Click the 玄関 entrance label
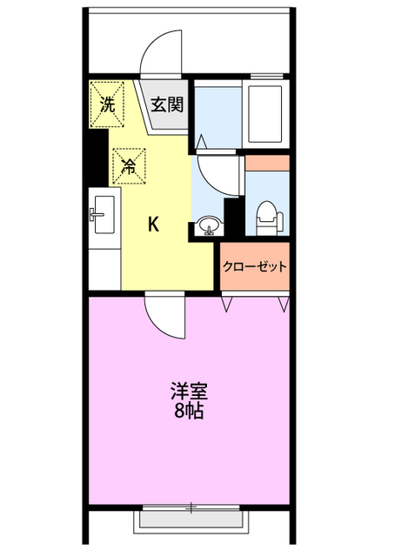click(167, 104)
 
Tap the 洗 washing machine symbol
click(107, 104)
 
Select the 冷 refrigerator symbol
click(130, 166)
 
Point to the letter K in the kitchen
click(153, 225)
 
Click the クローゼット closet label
click(255, 266)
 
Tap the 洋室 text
click(189, 391)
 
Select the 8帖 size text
click(189, 411)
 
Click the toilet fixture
click(270, 218)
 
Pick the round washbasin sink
click(209, 225)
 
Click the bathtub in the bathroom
click(265, 114)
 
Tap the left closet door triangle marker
click(227, 304)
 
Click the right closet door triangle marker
click(284, 304)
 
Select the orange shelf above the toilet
click(267, 164)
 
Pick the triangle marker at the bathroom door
click(202, 141)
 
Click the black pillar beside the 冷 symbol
click(97, 157)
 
